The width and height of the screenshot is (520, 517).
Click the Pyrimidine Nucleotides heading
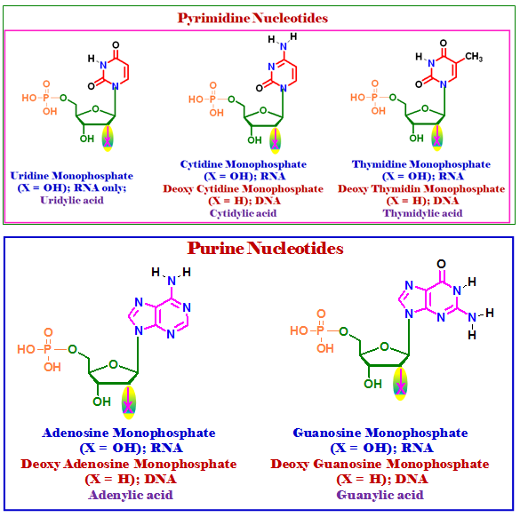point(252,18)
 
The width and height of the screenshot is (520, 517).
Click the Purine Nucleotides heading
point(265,248)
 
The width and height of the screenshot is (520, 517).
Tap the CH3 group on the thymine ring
point(474,57)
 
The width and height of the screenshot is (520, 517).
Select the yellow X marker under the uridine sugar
point(108,139)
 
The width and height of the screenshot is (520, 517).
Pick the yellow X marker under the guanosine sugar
point(400,384)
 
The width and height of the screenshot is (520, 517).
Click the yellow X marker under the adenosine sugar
point(128,402)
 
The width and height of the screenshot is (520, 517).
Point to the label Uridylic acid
point(72,200)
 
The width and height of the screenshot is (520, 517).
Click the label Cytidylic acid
point(243,213)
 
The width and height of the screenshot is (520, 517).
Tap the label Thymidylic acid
point(422,213)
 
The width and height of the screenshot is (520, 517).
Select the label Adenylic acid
point(131,495)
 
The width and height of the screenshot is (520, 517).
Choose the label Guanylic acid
point(380,495)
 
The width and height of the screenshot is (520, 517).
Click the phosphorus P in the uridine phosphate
point(45,98)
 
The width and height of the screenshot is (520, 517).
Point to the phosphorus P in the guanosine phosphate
point(320,330)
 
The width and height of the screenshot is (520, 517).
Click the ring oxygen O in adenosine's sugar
point(114,364)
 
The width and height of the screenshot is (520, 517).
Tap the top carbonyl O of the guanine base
point(441,264)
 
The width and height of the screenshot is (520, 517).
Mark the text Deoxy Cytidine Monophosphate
point(243,189)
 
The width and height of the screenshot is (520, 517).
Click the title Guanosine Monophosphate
point(380,433)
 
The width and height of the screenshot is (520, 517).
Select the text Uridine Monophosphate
point(72,176)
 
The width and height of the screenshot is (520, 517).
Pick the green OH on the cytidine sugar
point(254,140)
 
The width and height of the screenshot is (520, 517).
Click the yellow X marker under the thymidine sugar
point(437,138)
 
